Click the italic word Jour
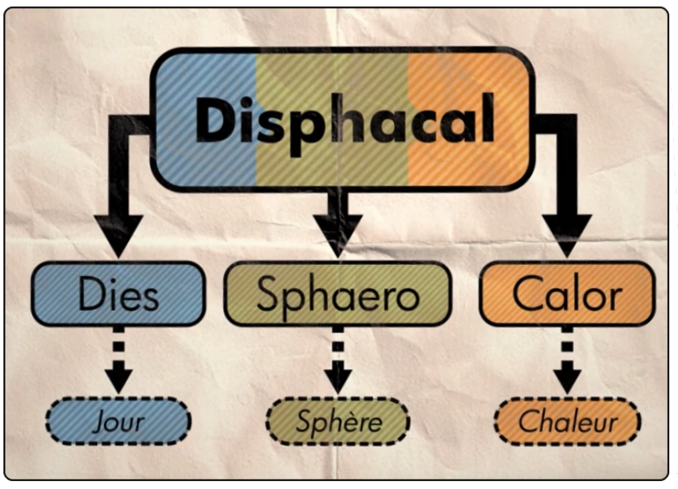coord(118,422)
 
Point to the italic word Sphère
coord(337,421)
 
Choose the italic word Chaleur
coord(567,421)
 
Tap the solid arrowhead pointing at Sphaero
coord(338,233)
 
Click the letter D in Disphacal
coord(214,120)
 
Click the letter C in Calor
coord(526,295)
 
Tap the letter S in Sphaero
coord(268,295)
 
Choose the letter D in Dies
coord(90,295)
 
